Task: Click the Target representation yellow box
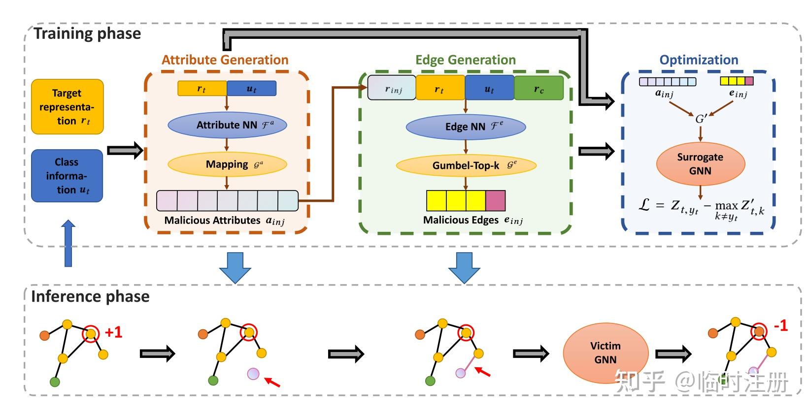click(67, 107)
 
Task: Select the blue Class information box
click(67, 176)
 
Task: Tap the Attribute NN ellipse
click(227, 125)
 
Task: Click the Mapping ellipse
click(227, 164)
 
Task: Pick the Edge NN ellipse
click(466, 127)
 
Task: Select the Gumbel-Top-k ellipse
click(466, 165)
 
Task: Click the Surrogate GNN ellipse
click(700, 164)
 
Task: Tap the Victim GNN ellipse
click(606, 353)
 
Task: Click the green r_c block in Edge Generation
click(539, 88)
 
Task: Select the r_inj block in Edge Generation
click(392, 88)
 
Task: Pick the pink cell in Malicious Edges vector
click(495, 200)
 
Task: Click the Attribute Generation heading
click(225, 60)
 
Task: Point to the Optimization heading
click(699, 60)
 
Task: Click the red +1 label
click(113, 333)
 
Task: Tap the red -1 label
click(780, 326)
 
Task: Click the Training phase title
click(87, 33)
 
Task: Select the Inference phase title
click(90, 296)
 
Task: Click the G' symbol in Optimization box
click(701, 119)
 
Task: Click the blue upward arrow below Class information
click(68, 243)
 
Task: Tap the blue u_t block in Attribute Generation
click(251, 89)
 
